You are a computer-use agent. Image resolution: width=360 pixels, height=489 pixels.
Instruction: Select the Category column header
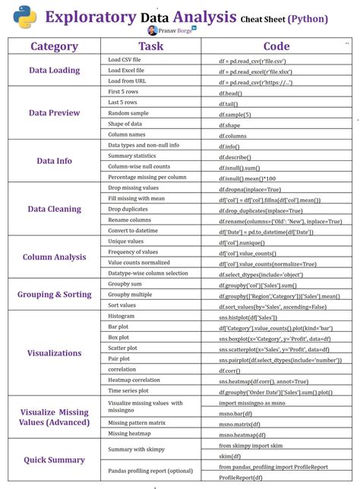point(54,47)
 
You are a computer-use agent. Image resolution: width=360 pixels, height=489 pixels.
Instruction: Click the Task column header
point(150,47)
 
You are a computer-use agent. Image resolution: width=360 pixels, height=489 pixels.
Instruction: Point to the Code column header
point(276,47)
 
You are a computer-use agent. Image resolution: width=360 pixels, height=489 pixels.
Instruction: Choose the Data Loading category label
point(54,70)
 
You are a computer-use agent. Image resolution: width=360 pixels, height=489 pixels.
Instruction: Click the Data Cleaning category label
point(54,209)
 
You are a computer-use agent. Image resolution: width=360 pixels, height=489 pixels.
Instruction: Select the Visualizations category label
point(54,353)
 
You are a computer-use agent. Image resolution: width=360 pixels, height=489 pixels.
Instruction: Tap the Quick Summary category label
point(54,459)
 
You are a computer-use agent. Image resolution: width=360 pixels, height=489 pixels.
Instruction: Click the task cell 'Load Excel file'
point(125,70)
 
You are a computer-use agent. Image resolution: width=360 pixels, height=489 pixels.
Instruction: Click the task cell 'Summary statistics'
point(131,156)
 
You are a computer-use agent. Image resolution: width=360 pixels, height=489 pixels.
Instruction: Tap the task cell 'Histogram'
point(122,315)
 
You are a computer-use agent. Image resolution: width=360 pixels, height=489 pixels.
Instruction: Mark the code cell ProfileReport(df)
point(242,478)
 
